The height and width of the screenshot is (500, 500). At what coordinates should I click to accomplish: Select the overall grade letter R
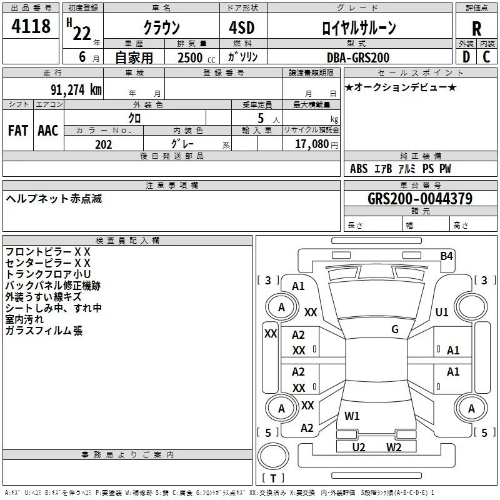[x=476, y=29]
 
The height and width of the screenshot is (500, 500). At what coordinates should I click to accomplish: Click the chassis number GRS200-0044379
[x=420, y=199]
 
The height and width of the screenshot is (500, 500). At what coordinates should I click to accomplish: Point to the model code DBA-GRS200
[x=358, y=57]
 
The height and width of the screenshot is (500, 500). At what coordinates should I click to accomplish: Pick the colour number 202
[x=103, y=144]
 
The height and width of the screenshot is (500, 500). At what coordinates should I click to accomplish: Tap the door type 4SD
[x=241, y=28]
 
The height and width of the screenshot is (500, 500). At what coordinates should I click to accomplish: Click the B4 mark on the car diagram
[x=446, y=256]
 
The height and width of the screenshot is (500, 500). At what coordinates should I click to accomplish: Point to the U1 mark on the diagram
[x=442, y=312]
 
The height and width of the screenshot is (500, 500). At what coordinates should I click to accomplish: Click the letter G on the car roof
[x=395, y=329]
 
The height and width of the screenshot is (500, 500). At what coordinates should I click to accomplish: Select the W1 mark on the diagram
[x=352, y=416]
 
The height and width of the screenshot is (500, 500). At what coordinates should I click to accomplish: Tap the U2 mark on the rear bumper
[x=358, y=447]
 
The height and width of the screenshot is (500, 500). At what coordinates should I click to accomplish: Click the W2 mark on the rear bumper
[x=393, y=447]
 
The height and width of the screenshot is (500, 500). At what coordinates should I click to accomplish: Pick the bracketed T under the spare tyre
[x=273, y=479]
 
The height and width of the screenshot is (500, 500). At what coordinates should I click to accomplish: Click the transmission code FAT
[x=18, y=131]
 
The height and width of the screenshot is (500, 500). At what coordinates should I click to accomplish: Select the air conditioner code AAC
[x=48, y=131]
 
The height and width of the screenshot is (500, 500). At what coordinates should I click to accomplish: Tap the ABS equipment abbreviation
[x=359, y=169]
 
